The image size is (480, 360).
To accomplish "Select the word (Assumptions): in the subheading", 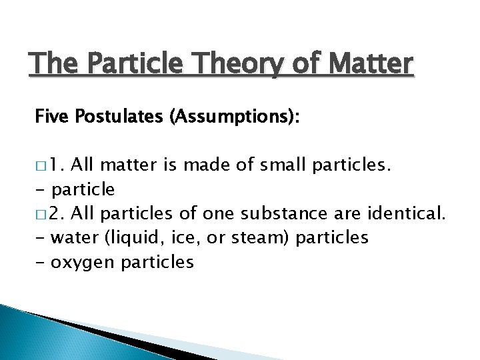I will pyautogui.click(x=226, y=118).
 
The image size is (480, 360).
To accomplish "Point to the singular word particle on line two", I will pyautogui.click(x=83, y=189).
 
